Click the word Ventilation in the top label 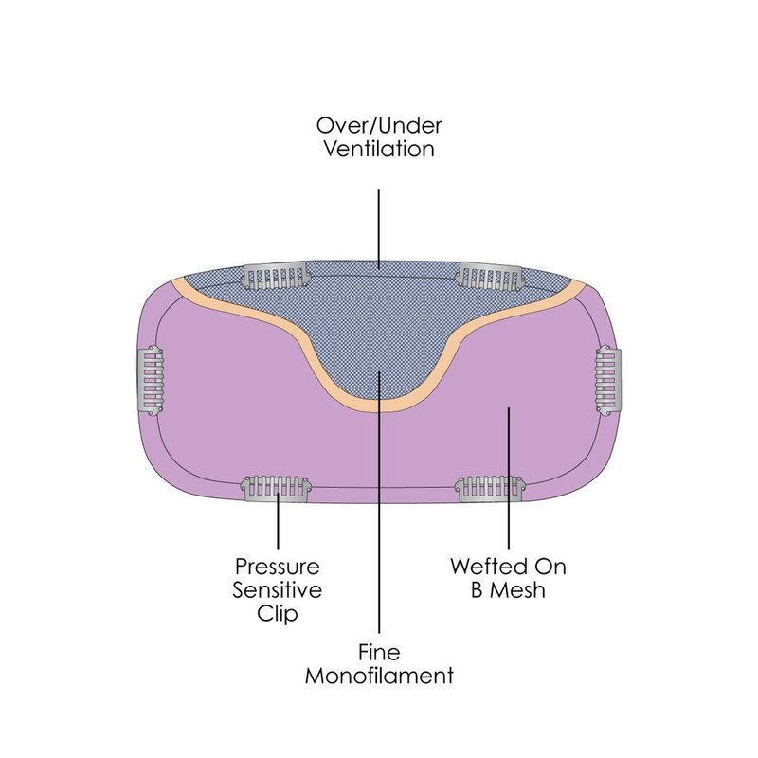[x=378, y=150]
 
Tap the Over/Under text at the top [x=378, y=125]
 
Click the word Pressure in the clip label [x=277, y=568]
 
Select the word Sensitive [x=277, y=590]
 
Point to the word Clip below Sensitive [x=277, y=614]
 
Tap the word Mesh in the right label [x=519, y=591]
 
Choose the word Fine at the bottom [x=379, y=653]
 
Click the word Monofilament [x=379, y=677]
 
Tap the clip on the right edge [x=606, y=379]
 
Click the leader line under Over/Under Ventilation [x=379, y=227]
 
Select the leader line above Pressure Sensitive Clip [x=277, y=526]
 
